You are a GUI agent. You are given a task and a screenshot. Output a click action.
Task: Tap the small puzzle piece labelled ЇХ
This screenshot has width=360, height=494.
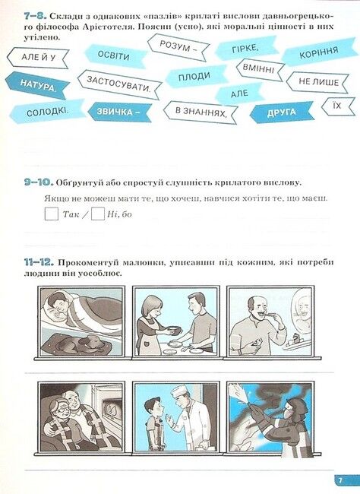(x=337, y=105)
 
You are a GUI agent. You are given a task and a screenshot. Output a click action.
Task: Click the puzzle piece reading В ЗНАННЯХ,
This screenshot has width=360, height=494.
(x=201, y=112)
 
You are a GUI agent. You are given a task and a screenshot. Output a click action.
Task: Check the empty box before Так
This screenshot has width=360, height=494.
(x=51, y=214)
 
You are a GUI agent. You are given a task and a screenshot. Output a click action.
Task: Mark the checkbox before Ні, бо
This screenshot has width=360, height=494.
(x=97, y=214)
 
